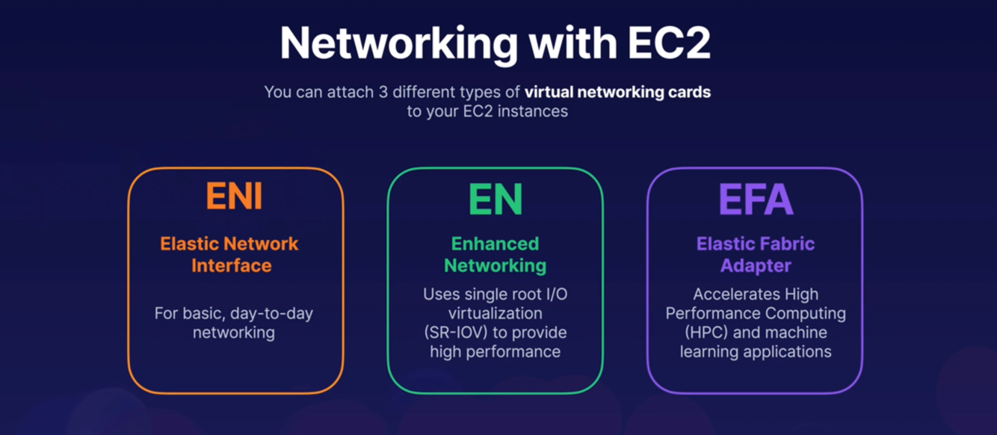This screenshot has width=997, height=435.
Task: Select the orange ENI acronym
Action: coord(234,197)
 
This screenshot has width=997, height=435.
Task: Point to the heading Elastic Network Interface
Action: coord(230,254)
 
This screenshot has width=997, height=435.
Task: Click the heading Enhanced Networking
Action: coord(495,254)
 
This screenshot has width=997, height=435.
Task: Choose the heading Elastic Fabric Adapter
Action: coord(755,254)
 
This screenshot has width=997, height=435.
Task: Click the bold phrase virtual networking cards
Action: coord(617,93)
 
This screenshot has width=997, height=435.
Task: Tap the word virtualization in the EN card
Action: coord(495,313)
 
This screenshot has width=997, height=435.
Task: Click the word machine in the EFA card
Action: coord(800,333)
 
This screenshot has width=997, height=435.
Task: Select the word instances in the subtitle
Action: coord(529,112)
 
